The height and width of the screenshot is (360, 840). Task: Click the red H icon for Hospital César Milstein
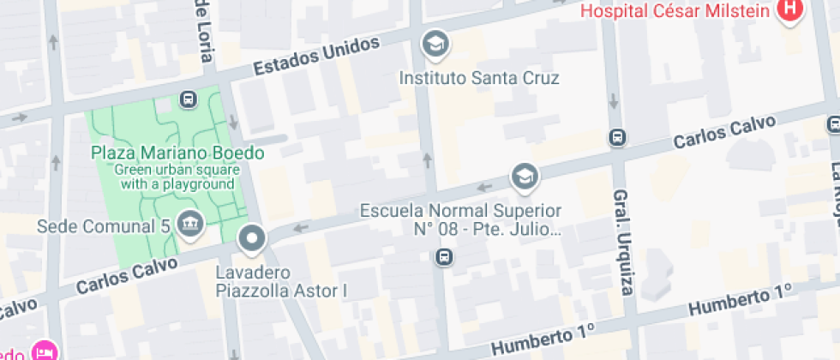click(788, 11)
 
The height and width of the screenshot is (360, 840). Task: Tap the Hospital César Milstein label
click(677, 11)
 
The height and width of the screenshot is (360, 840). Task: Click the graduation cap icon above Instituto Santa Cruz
click(435, 42)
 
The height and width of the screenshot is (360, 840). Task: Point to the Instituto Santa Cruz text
click(479, 78)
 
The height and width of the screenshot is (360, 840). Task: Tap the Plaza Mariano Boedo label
click(177, 153)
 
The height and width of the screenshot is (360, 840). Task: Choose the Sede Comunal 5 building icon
click(189, 225)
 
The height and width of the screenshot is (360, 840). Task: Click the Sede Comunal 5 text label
click(105, 226)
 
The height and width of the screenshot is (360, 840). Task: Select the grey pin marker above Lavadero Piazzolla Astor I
click(253, 239)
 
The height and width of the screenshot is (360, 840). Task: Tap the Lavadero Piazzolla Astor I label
click(280, 282)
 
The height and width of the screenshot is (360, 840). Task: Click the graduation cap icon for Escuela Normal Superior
click(522, 177)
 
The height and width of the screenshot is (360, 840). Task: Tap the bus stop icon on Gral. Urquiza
click(615, 136)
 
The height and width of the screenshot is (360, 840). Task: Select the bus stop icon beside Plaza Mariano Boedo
click(189, 99)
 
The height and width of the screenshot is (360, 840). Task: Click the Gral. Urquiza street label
click(622, 252)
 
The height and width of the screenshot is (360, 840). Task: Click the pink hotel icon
click(44, 351)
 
